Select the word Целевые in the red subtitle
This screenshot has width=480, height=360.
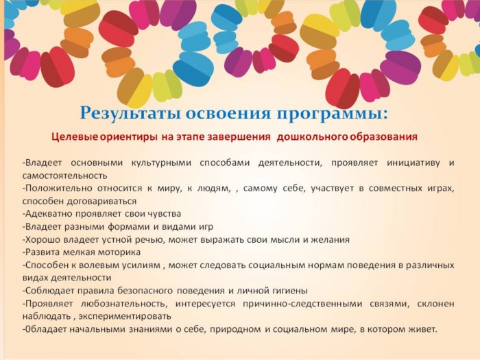click(75, 136)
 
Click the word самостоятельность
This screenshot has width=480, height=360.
click(64, 176)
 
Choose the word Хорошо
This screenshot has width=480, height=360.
click(43, 239)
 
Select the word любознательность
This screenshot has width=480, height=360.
click(125, 304)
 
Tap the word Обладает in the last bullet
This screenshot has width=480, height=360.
click(46, 329)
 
